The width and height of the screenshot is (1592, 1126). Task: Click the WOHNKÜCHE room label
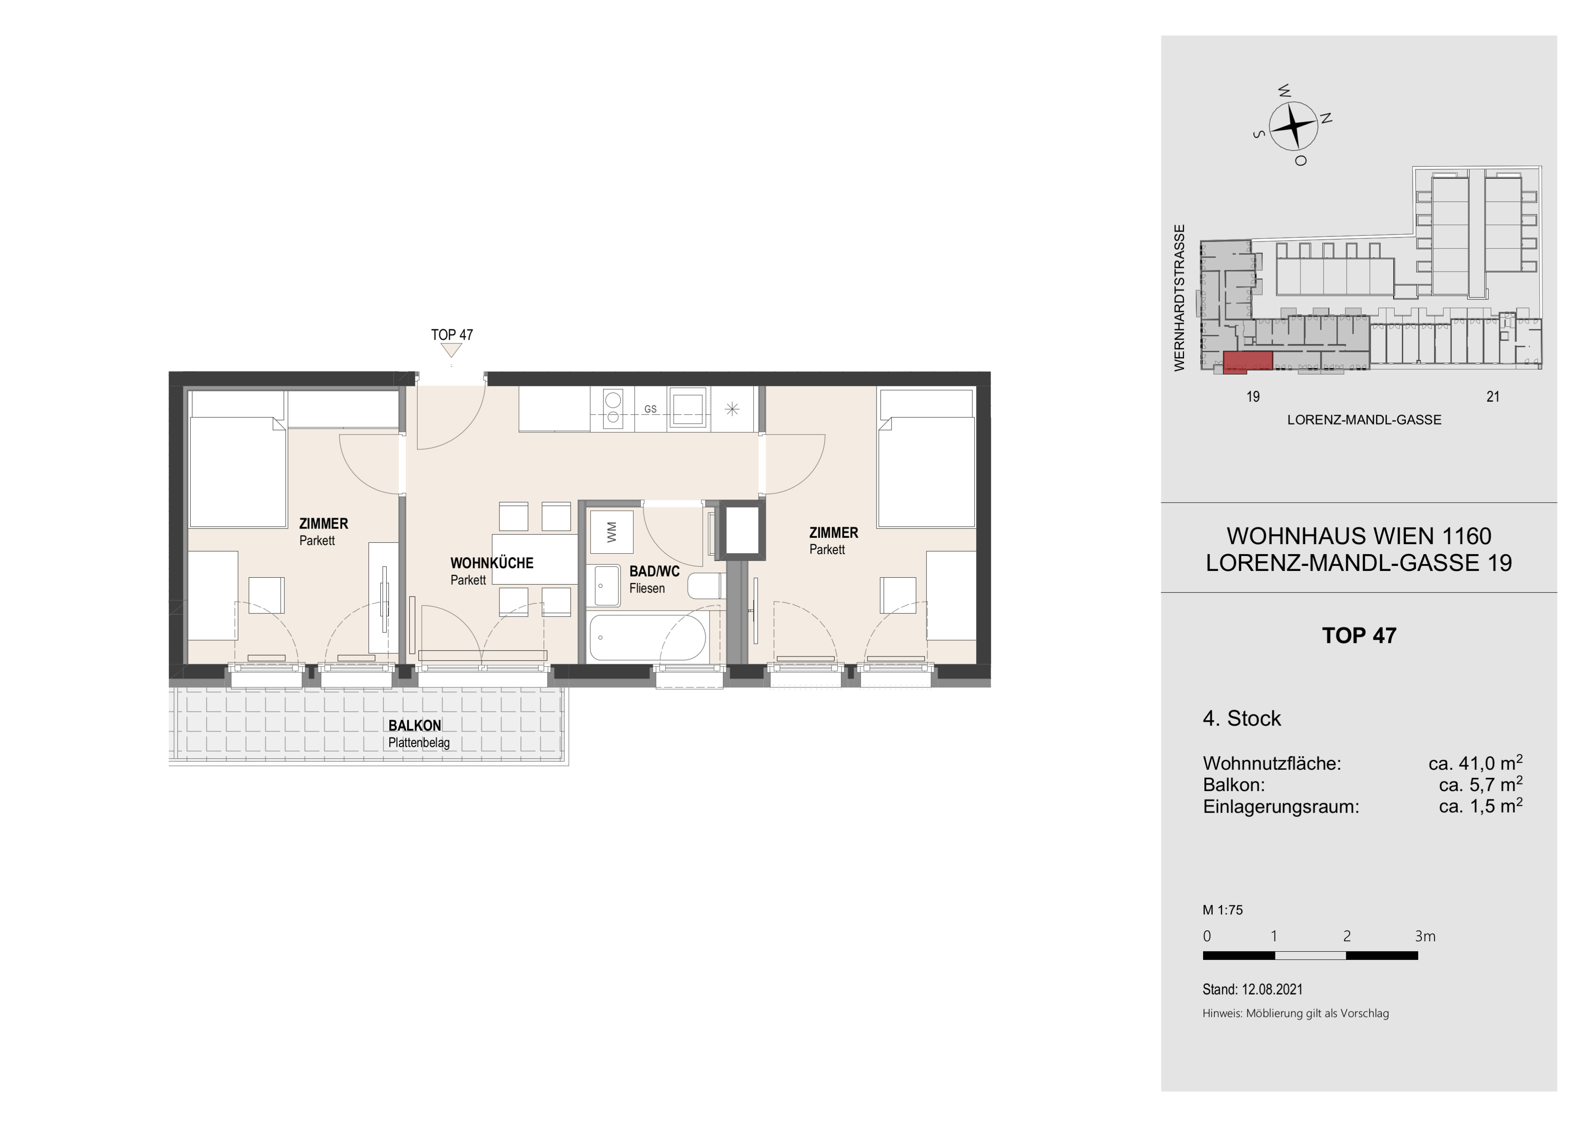492,563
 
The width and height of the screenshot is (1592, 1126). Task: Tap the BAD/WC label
654,571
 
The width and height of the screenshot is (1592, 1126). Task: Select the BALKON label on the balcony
415,725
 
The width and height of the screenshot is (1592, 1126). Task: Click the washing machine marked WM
611,532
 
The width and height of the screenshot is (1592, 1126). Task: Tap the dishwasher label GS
650,409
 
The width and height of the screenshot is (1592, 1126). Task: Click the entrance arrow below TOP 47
451,351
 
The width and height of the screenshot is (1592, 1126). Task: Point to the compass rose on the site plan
1293,126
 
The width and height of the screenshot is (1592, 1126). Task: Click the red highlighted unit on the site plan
1247,362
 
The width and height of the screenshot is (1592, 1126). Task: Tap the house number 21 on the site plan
1493,397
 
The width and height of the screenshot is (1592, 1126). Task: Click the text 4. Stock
1241,718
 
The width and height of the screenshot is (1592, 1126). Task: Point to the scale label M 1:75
1223,910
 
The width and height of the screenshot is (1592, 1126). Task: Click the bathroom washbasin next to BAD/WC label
607,586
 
